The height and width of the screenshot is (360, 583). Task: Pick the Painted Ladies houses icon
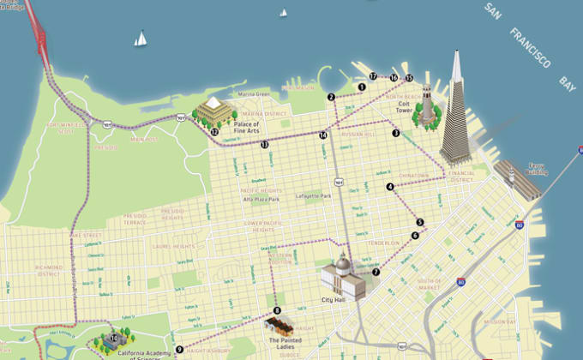[280, 327]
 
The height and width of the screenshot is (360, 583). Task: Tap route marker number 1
[362, 87]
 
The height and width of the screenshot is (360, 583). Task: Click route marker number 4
[390, 186]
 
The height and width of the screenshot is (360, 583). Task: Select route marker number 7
[376, 272]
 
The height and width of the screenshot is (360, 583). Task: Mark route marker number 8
[277, 310]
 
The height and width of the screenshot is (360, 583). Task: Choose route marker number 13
[265, 145]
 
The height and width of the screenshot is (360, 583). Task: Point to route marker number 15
[409, 78]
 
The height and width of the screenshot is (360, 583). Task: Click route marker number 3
[396, 133]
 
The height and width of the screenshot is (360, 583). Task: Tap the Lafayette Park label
[313, 195]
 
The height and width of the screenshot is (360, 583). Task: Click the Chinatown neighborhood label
[414, 175]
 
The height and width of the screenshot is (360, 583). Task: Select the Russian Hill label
[357, 135]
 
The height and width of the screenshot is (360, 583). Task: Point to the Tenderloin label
[383, 243]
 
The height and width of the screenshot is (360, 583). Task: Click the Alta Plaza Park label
[261, 199]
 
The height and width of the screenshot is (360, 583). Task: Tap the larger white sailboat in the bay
[140, 39]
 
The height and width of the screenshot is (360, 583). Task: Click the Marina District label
[264, 114]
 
